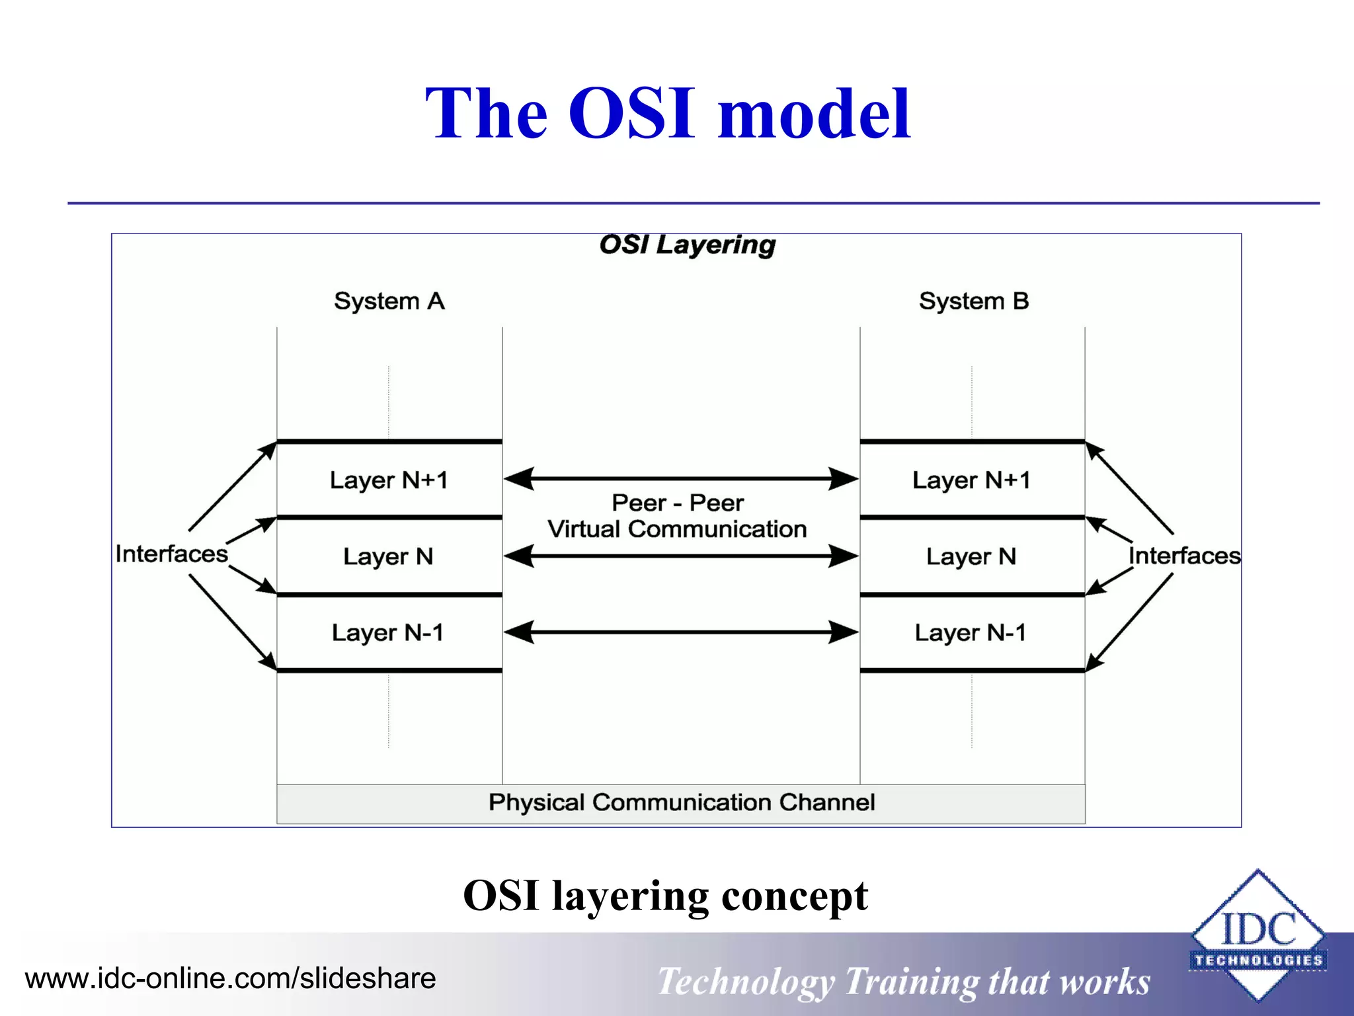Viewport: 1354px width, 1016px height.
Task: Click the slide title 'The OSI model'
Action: (668, 114)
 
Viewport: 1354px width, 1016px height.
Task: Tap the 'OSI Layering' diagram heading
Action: (687, 245)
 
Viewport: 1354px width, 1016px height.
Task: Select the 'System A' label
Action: (389, 301)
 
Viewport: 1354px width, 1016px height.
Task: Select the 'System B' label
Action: (973, 301)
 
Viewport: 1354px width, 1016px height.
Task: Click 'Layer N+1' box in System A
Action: (389, 480)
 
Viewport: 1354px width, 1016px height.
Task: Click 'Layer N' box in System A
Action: (389, 556)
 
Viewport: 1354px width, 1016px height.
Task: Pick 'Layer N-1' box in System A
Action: (389, 632)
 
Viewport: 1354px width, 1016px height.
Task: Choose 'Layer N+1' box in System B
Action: (971, 480)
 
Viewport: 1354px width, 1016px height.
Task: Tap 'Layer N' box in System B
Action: (971, 556)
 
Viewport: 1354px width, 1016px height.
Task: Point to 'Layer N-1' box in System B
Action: (971, 632)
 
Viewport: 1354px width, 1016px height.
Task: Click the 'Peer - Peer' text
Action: (678, 503)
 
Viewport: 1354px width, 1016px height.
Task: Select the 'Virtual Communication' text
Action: (678, 529)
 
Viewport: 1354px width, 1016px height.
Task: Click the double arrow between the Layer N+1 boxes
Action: (680, 478)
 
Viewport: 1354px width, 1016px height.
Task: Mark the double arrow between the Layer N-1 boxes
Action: (680, 632)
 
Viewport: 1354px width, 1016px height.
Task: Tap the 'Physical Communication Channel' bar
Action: (681, 803)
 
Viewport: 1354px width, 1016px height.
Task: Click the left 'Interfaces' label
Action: (171, 554)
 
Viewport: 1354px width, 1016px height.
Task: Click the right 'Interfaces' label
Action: (1183, 556)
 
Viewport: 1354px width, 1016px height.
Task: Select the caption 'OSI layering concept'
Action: (665, 896)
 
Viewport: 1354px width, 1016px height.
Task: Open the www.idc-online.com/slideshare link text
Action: (230, 978)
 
